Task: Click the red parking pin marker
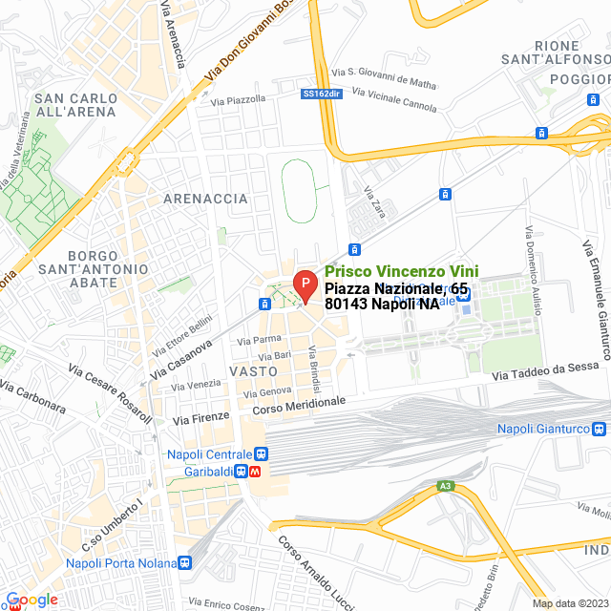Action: click(304, 284)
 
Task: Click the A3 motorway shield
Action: click(445, 487)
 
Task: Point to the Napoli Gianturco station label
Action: click(554, 430)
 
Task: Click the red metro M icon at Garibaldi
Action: click(258, 472)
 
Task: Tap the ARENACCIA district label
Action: click(206, 199)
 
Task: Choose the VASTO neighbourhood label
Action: click(253, 370)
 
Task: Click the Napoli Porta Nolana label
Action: click(119, 562)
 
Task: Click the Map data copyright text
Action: click(569, 603)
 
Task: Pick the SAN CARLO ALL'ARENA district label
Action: click(75, 105)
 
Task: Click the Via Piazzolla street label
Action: click(239, 99)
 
